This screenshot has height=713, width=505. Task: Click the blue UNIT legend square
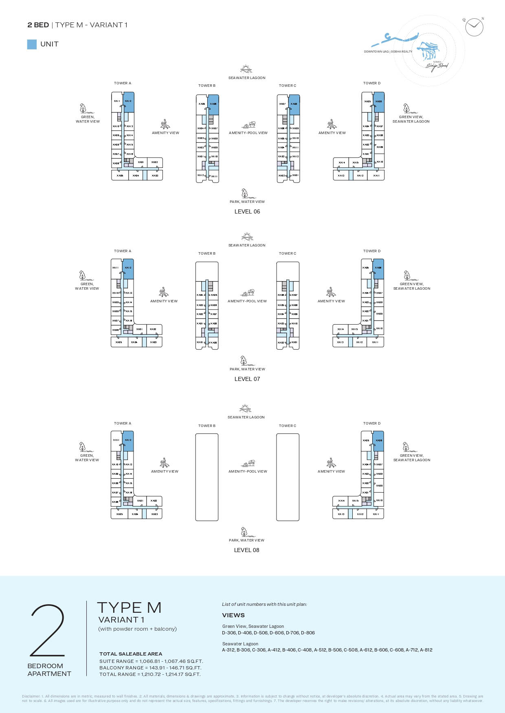point(32,44)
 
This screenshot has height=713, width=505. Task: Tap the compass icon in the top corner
point(474,27)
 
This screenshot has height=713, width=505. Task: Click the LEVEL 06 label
point(247,211)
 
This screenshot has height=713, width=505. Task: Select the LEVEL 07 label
point(247,379)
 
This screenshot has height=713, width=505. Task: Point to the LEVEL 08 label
point(246,550)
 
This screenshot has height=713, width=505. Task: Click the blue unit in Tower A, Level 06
point(129,102)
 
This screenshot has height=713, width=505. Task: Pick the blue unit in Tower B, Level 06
point(213,105)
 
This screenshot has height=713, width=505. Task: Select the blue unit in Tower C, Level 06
point(294,105)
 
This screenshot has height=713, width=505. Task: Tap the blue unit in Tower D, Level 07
point(378,269)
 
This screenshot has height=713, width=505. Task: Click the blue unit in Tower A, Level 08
point(128,441)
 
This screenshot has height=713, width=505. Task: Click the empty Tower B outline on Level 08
point(207,477)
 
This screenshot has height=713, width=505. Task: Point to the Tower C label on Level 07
point(288,253)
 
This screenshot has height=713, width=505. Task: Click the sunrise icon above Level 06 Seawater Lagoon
point(246,68)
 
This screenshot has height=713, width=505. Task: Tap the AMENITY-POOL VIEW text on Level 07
point(247,301)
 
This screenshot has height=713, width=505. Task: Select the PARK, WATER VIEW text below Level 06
point(247,202)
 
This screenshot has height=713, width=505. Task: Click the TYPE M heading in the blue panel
point(129,608)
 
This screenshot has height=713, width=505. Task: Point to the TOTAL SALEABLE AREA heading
point(131,654)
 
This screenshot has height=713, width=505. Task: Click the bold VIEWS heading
point(233,615)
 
